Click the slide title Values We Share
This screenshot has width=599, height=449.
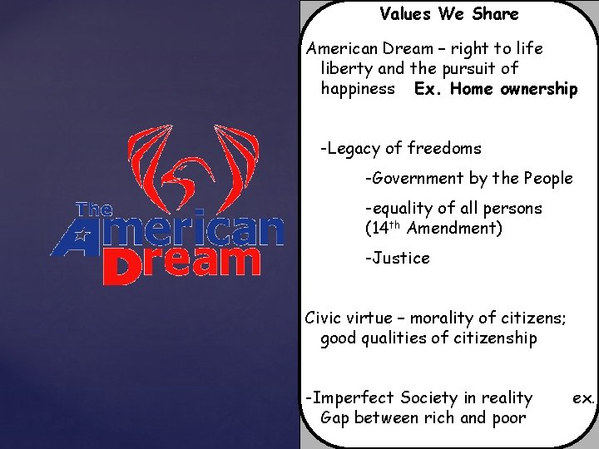point(448,14)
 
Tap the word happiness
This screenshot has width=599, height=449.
point(358,89)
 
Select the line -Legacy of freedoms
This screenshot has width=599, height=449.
point(401,149)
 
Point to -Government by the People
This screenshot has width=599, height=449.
point(468,178)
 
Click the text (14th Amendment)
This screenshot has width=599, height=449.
point(433,228)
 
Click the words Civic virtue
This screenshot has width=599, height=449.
point(344,317)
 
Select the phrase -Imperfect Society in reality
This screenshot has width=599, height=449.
point(419,397)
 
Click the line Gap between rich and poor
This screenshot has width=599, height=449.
point(423,417)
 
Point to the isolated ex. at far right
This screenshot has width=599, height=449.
point(584,397)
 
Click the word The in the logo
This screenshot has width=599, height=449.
point(94,210)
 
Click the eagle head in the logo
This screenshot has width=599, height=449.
point(176,175)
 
